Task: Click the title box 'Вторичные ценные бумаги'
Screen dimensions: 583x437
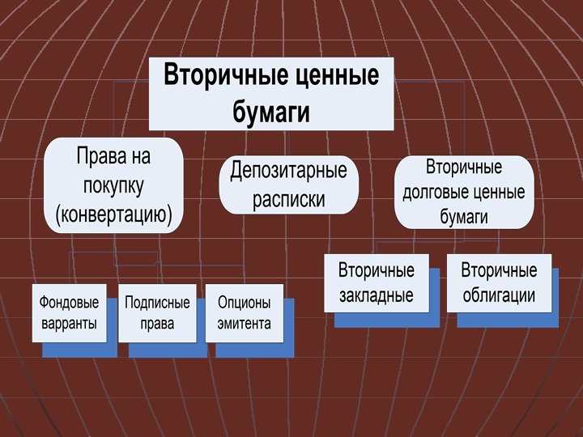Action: [271, 93]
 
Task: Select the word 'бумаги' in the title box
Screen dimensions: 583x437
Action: [271, 112]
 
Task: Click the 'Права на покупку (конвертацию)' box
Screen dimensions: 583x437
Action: [113, 185]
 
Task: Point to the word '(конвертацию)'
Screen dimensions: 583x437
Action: [113, 214]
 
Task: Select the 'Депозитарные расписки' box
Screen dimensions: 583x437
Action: [288, 185]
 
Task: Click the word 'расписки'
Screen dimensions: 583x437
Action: [288, 200]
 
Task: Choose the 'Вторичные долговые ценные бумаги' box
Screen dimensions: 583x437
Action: [464, 193]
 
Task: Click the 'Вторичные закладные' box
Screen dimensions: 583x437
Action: [376, 282]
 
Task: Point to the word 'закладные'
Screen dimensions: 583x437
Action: [376, 295]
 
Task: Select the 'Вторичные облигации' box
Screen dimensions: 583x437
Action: [499, 282]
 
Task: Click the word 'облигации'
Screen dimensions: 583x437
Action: [499, 295]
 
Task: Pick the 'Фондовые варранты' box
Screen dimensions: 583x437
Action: [69, 313]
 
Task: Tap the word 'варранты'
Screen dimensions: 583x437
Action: [69, 324]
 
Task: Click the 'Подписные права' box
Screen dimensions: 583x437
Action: [157, 313]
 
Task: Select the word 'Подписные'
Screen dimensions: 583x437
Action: [157, 303]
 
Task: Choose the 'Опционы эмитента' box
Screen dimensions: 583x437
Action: [244, 313]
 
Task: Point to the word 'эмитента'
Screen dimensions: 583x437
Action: [244, 324]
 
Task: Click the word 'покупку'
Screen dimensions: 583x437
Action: [113, 185]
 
